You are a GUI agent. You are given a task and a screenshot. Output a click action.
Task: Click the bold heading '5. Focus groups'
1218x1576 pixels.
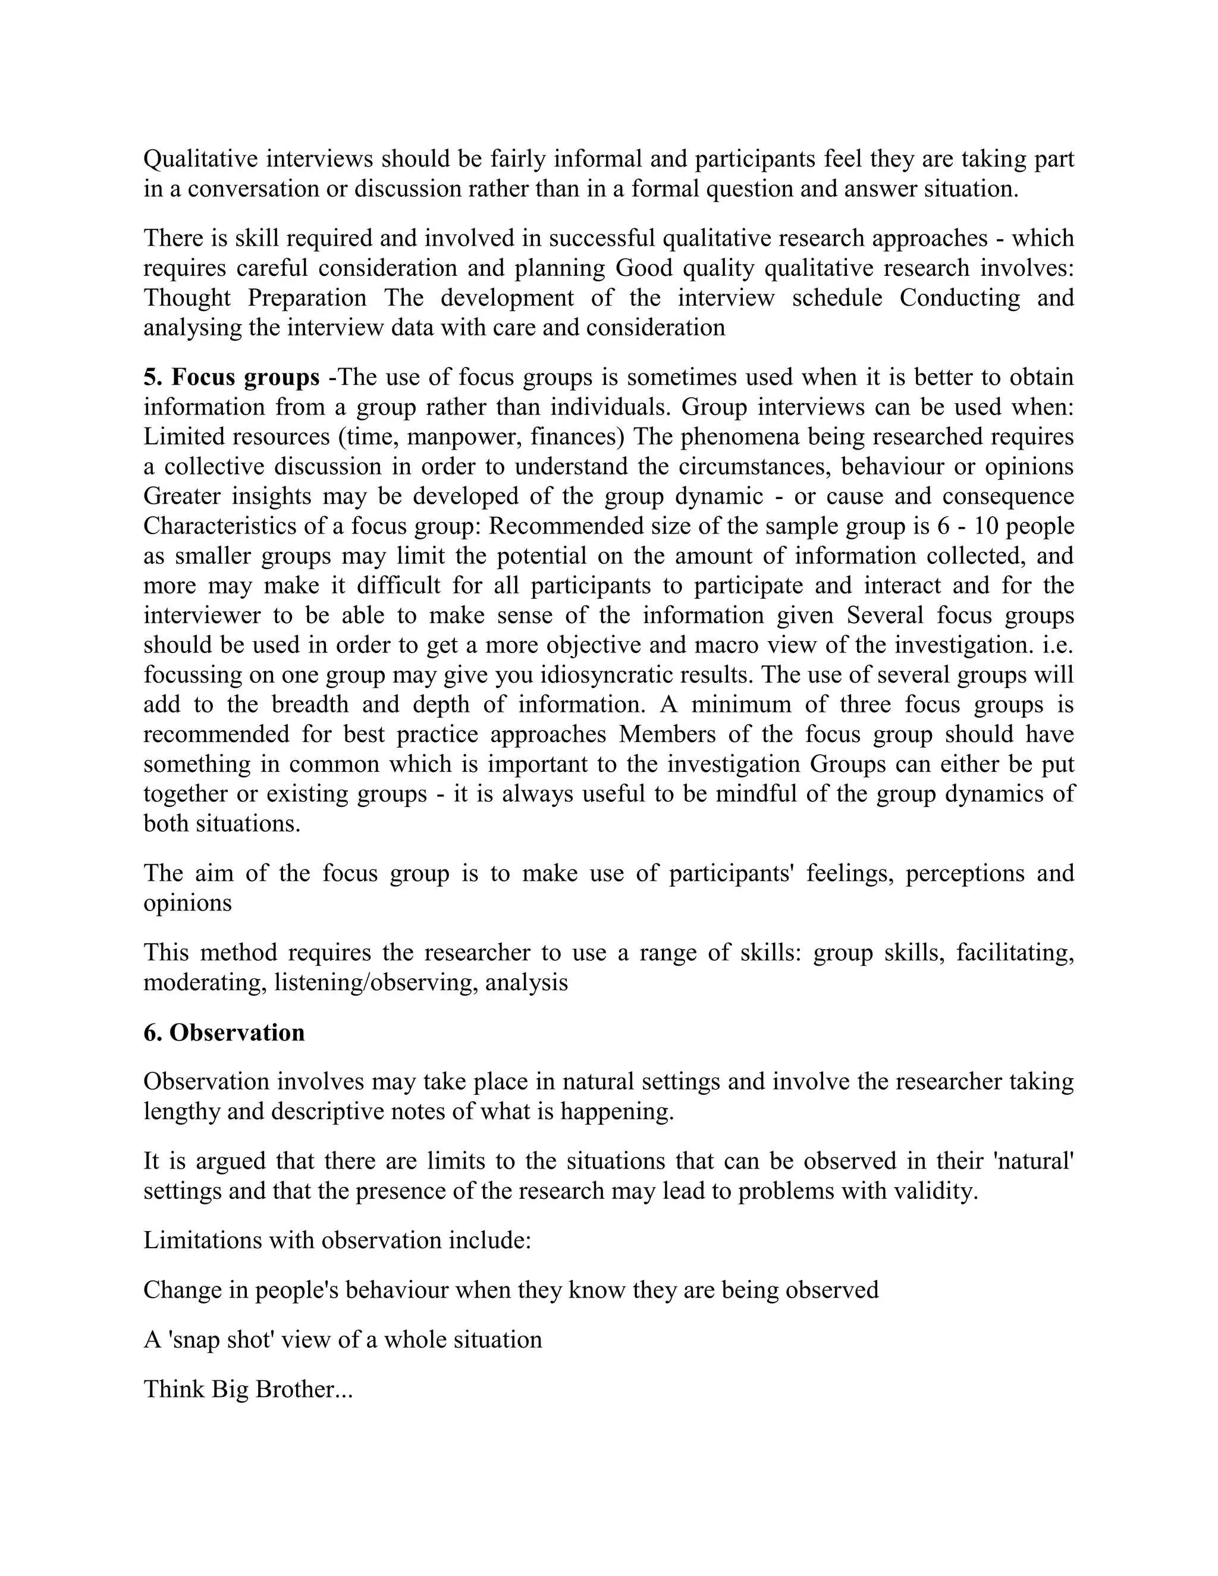pos(231,378)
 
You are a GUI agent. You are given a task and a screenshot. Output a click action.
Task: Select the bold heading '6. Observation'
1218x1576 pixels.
pos(224,1032)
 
